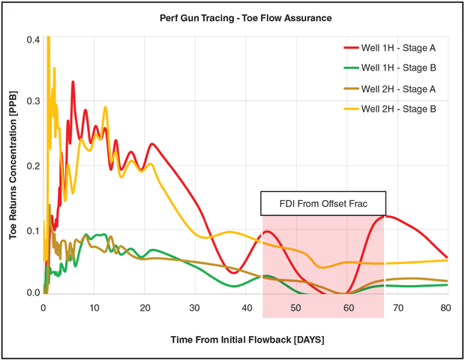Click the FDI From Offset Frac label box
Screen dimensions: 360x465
pos(323,202)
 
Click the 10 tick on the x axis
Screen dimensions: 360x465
pos(94,308)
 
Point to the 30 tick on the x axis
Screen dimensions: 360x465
pos(195,308)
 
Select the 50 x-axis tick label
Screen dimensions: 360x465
pos(296,308)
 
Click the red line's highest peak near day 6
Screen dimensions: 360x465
pos(73,82)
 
